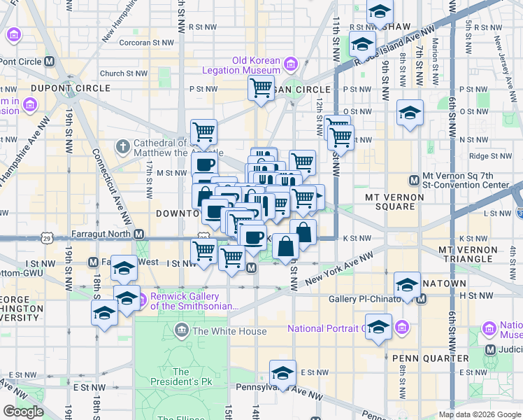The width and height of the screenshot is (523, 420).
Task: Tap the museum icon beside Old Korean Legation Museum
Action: click(290, 65)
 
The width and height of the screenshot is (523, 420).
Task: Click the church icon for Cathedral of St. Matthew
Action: click(123, 147)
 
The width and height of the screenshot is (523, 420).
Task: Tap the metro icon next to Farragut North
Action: click(139, 234)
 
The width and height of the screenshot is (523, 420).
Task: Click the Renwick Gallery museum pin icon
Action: click(143, 301)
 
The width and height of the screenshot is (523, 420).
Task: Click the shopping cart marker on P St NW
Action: click(261, 88)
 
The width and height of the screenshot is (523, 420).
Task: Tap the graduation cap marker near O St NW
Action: click(410, 112)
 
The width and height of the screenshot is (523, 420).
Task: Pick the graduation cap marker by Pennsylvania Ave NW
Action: click(283, 372)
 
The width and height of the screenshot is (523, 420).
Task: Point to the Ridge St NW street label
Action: click(488, 156)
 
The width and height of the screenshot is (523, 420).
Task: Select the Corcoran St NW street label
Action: click(146, 42)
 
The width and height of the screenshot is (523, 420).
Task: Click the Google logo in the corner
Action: click(23, 412)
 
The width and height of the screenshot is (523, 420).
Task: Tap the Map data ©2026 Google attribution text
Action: click(479, 414)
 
